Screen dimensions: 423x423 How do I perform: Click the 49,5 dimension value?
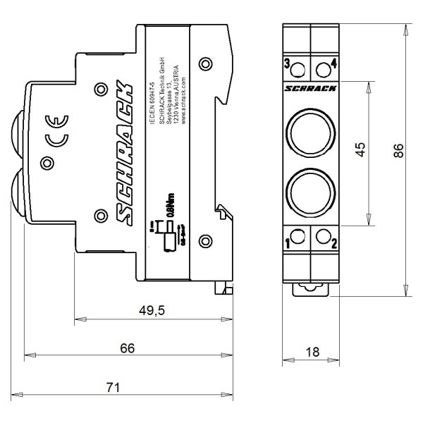click(x=151, y=311)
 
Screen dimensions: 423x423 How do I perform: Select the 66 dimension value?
click(x=127, y=348)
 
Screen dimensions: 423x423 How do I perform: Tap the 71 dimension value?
click(x=114, y=387)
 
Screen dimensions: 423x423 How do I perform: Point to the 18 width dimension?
click(x=309, y=351)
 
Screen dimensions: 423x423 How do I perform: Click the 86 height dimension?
click(x=398, y=151)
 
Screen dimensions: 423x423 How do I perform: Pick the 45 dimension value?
click(x=360, y=151)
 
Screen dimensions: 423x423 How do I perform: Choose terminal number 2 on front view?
click(x=333, y=245)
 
